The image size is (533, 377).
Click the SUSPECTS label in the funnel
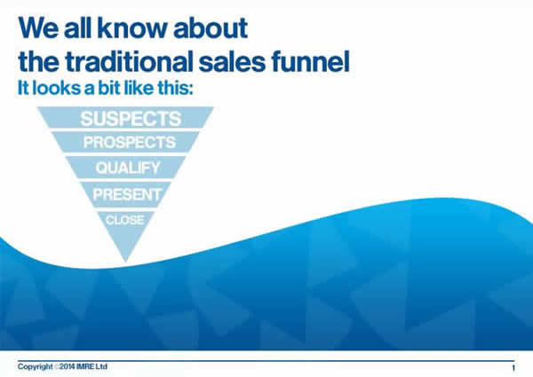[131, 119]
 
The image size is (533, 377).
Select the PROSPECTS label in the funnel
[130, 142]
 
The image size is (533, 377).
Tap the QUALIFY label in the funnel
[128, 168]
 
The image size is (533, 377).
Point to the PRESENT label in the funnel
[127, 194]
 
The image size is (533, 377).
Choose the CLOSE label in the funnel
[125, 220]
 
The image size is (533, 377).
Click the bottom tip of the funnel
[126, 262]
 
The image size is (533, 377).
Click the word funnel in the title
[310, 61]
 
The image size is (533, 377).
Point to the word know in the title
[132, 27]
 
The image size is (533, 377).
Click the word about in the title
[211, 27]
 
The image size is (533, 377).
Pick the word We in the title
[38, 27]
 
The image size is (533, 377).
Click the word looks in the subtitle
[57, 88]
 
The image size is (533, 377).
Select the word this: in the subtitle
[175, 88]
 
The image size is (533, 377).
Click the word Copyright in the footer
[36, 367]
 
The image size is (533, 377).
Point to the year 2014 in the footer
[68, 366]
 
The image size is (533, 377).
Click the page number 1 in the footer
[513, 367]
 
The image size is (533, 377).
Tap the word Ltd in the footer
[101, 366]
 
